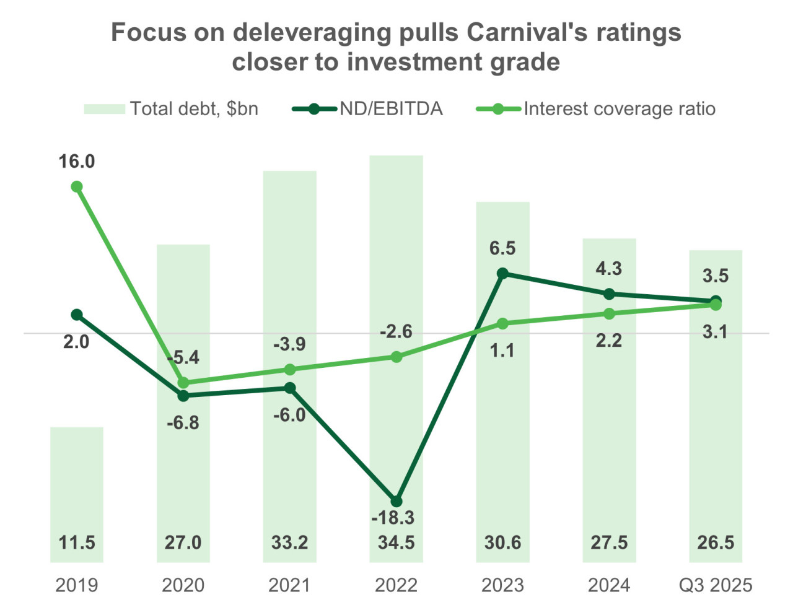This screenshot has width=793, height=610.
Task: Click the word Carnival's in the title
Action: (x=525, y=32)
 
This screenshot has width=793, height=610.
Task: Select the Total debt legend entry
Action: (x=171, y=109)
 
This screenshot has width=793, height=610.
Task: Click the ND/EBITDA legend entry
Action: (x=368, y=109)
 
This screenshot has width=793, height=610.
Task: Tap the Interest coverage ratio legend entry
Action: (x=596, y=109)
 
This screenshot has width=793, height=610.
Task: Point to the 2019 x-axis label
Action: (x=77, y=585)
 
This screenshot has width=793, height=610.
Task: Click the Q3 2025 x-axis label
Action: (x=716, y=585)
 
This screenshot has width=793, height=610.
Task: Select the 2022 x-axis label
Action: (x=396, y=585)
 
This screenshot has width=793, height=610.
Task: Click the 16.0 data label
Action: (x=77, y=162)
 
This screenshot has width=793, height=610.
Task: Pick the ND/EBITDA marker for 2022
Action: (x=396, y=501)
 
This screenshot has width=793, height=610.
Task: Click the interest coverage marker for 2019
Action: (x=77, y=187)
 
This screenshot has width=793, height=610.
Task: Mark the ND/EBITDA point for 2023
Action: (x=503, y=273)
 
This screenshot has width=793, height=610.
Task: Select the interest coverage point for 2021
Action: (x=290, y=370)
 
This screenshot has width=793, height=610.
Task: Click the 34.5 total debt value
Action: (x=396, y=543)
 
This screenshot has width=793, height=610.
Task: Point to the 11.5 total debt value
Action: (x=77, y=543)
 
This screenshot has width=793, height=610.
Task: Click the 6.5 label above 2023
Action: (x=502, y=248)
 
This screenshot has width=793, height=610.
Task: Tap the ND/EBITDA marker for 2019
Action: (x=77, y=315)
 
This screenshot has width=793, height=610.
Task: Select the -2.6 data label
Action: (x=396, y=332)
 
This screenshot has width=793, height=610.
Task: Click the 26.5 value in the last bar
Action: (x=716, y=543)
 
